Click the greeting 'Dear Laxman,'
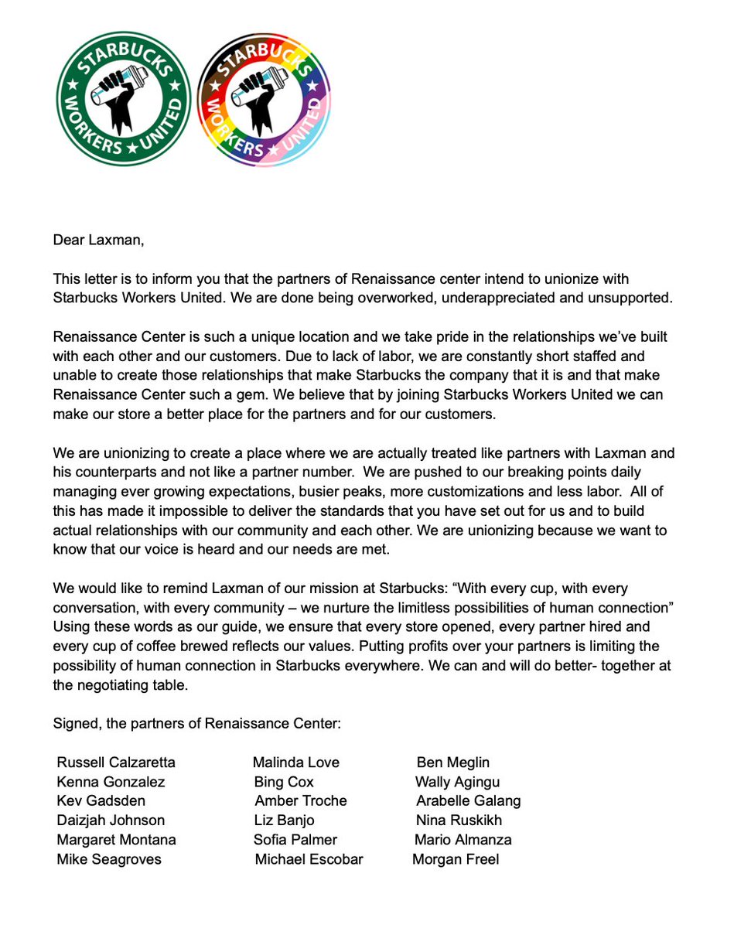coord(98,240)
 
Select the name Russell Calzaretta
coord(116,763)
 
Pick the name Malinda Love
coord(296,763)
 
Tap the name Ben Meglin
coord(452,763)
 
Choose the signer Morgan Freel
coord(456,859)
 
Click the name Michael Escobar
coord(309,859)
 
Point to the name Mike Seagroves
coord(109,859)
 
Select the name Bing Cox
coord(284,782)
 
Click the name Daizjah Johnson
coord(111,821)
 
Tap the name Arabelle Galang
coord(468,801)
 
